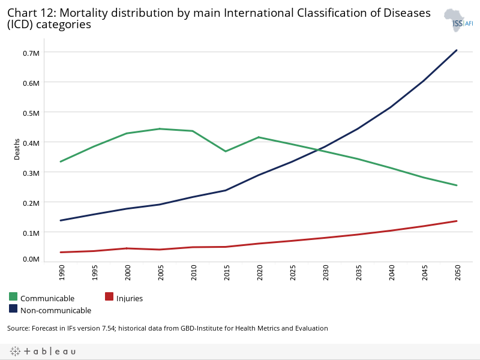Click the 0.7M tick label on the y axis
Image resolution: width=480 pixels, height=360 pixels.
32,53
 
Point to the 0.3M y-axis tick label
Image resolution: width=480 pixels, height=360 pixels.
32,173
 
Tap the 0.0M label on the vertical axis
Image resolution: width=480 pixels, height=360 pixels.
32,259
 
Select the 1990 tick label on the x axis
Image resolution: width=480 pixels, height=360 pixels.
62,272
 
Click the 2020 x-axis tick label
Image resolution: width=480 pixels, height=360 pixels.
259,272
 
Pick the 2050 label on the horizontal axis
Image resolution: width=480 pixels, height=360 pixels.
457,272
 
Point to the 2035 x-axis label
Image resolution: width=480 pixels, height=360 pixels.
358,272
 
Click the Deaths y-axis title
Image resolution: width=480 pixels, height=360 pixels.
17,149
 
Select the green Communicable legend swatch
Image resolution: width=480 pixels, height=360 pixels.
13,296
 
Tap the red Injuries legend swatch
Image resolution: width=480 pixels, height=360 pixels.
109,296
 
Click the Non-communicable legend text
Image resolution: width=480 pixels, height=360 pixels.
56,310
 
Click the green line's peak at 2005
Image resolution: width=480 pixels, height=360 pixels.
160,128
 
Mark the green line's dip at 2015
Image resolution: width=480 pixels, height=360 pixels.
226,151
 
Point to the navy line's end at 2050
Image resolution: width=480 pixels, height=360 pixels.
457,50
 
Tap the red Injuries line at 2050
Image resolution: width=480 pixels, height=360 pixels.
457,221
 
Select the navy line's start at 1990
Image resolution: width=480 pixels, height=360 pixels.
62,220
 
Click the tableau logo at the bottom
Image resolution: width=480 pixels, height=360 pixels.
43,351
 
